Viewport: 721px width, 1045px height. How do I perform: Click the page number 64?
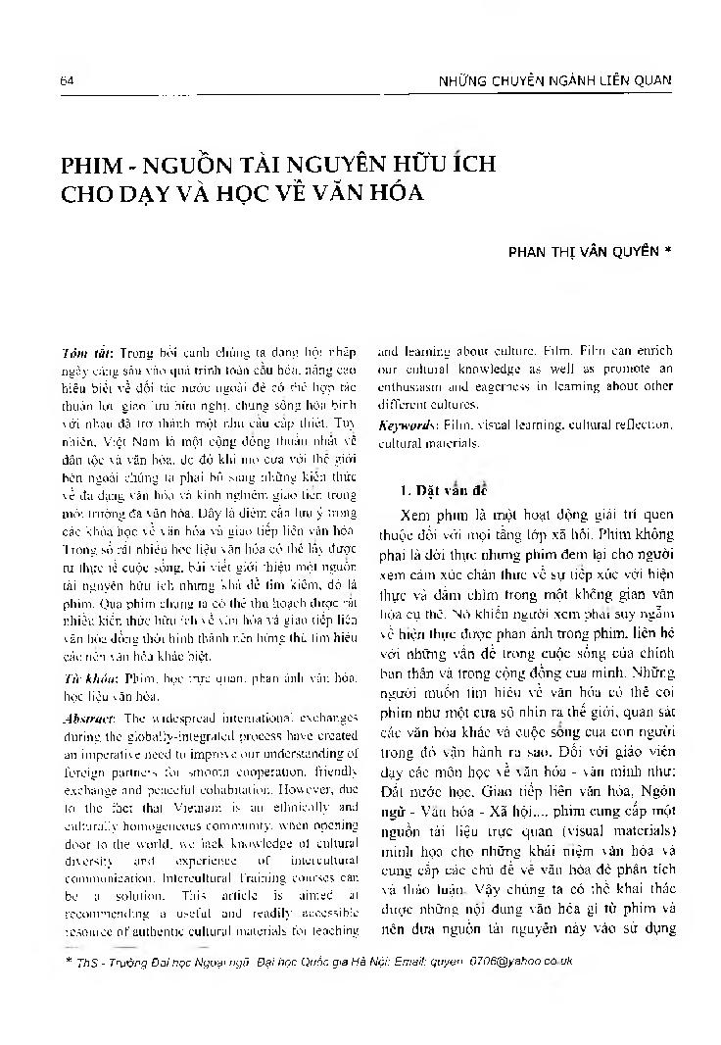(67, 80)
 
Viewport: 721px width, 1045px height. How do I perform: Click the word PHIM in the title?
(95, 164)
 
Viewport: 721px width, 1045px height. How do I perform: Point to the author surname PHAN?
(525, 250)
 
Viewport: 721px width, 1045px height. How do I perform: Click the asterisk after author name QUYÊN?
(667, 250)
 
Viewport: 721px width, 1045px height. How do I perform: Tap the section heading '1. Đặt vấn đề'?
(433, 488)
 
